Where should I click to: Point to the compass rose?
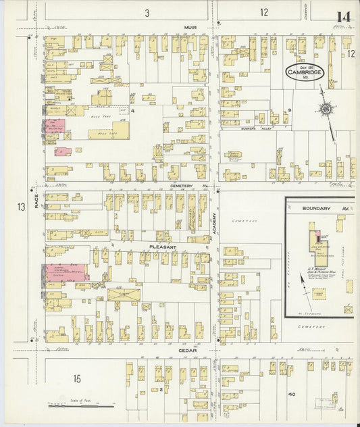pyautogui.click(x=327, y=109)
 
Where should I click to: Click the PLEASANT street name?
pyautogui.click(x=163, y=247)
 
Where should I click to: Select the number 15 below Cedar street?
pyautogui.click(x=77, y=378)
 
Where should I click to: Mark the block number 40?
pyautogui.click(x=292, y=394)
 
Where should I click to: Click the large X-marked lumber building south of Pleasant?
pyautogui.click(x=124, y=295)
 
